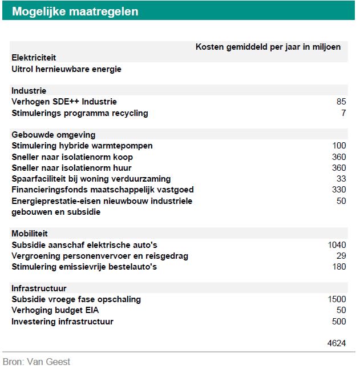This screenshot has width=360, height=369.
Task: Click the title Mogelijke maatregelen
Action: [75, 11]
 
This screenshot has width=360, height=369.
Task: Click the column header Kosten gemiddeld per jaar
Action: [268, 47]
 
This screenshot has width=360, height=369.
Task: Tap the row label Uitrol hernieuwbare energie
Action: [66, 69]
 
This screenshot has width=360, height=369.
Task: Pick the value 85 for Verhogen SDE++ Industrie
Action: [341, 102]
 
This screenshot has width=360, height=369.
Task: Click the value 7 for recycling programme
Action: [343, 113]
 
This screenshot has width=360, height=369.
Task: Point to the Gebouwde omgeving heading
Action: [53, 135]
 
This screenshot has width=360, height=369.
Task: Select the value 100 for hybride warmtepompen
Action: [339, 146]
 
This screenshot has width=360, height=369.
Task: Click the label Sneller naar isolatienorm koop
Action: [72, 157]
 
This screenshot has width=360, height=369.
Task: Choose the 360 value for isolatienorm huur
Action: [339, 168]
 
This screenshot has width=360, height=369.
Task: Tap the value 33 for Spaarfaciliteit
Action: [341, 179]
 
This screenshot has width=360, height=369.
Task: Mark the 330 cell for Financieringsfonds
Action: [339, 190]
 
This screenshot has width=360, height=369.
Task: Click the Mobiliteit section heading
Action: [30, 234]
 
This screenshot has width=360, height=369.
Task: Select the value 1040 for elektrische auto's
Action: [337, 244]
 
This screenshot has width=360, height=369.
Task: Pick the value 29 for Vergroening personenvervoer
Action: [341, 255]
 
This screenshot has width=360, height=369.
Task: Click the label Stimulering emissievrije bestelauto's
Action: [84, 267]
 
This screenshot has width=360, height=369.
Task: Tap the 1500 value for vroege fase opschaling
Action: [337, 299]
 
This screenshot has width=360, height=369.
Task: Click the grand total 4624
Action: [337, 343]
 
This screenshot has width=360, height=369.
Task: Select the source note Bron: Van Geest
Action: [37, 362]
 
